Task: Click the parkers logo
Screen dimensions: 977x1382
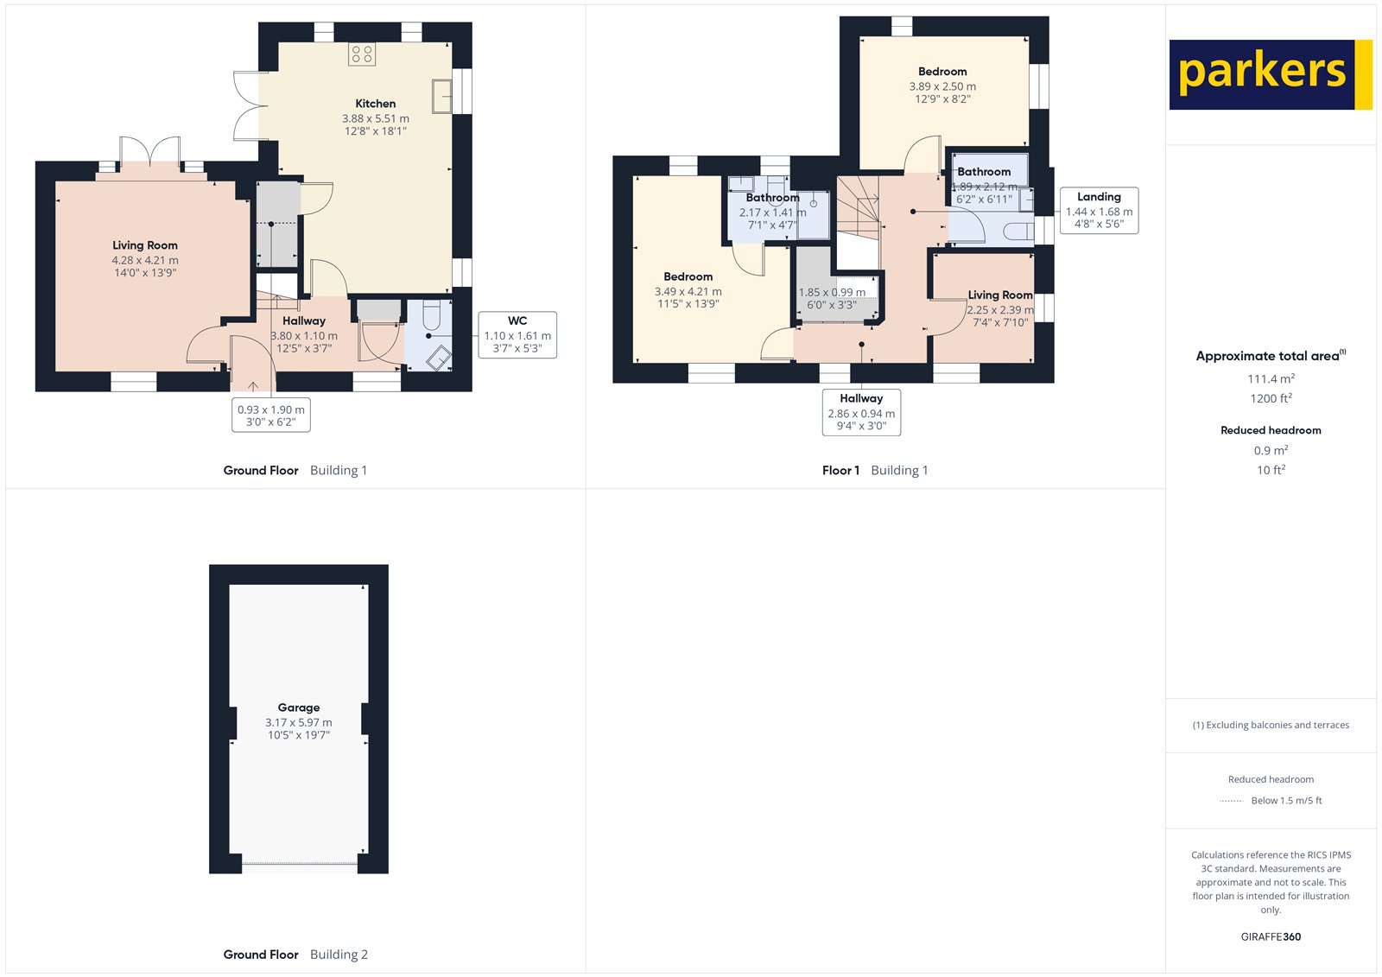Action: click(x=1270, y=74)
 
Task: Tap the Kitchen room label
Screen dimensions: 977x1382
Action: click(x=376, y=104)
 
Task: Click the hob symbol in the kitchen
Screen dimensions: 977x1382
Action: click(x=362, y=55)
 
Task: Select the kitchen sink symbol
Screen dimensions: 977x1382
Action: click(x=442, y=96)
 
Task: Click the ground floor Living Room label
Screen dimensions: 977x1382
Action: click(x=145, y=245)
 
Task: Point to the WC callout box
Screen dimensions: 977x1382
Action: click(x=517, y=335)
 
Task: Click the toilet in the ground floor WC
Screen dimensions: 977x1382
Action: click(x=432, y=316)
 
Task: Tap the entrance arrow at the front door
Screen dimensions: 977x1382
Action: click(x=252, y=386)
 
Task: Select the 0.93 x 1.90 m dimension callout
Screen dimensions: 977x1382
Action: click(x=271, y=416)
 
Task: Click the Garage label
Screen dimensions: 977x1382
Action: click(x=299, y=707)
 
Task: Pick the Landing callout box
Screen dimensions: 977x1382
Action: click(x=1099, y=211)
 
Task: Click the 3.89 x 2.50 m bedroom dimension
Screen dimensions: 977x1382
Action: click(x=942, y=86)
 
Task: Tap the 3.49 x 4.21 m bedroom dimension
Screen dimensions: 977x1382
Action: click(x=688, y=292)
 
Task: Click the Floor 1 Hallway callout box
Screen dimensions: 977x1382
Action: click(x=861, y=412)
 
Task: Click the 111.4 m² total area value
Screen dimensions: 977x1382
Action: click(x=1271, y=379)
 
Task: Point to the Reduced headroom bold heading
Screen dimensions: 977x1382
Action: click(x=1271, y=430)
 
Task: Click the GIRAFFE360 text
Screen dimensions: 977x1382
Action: click(x=1271, y=936)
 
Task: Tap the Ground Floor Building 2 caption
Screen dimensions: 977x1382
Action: click(x=295, y=955)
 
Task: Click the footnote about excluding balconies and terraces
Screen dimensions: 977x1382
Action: click(x=1271, y=726)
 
